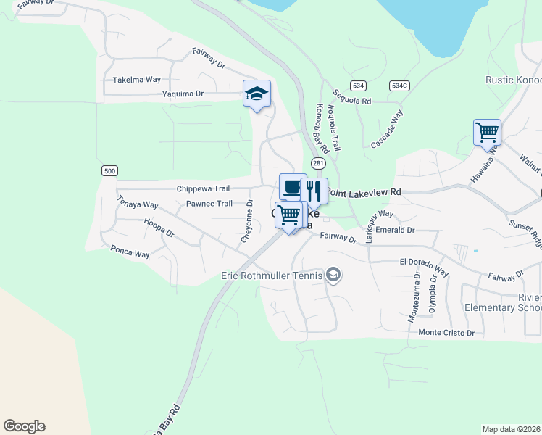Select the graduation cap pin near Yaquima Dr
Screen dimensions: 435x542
tap(257, 94)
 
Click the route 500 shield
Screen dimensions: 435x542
tap(109, 170)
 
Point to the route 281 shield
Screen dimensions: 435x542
tap(318, 164)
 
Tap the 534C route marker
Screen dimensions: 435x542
tap(399, 85)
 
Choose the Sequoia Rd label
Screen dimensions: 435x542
tap(352, 98)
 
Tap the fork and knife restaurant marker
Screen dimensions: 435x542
tap(314, 191)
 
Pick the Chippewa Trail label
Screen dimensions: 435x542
tap(203, 188)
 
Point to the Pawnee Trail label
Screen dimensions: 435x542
tap(209, 204)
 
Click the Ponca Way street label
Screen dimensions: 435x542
tap(130, 254)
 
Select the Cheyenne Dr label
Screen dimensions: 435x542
tap(249, 222)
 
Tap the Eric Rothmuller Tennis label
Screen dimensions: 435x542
tap(272, 275)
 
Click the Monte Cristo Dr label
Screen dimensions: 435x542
tap(446, 333)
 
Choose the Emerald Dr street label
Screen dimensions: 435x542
tap(400, 230)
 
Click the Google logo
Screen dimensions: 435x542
tap(24, 426)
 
